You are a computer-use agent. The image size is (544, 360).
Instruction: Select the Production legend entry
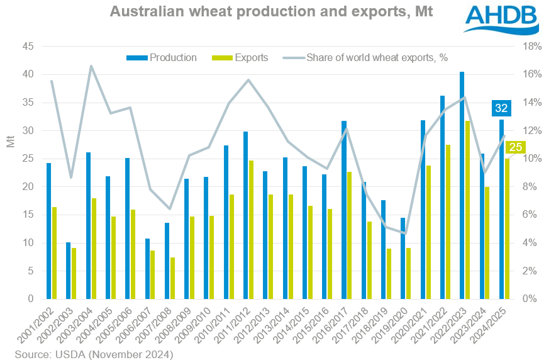(x=162, y=58)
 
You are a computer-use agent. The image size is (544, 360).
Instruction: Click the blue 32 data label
(x=501, y=108)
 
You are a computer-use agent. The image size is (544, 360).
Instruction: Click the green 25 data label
(x=515, y=148)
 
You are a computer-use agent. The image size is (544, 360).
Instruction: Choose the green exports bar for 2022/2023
(x=467, y=210)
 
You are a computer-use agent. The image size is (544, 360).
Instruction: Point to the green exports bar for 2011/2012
(x=251, y=230)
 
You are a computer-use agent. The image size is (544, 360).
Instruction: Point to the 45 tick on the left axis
(x=28, y=47)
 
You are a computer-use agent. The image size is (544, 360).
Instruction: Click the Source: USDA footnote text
(x=94, y=354)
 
